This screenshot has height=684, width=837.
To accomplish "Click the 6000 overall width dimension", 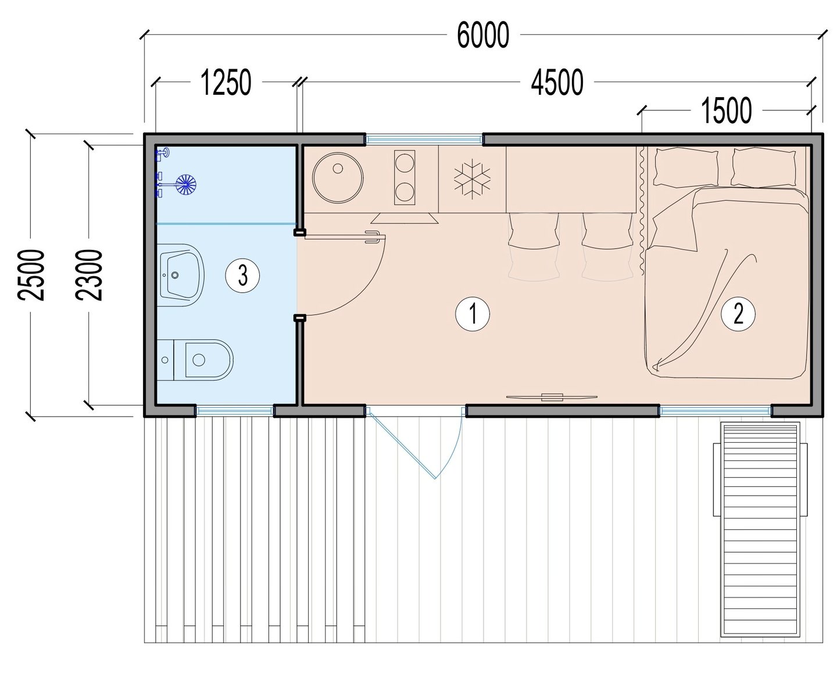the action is coord(482,35).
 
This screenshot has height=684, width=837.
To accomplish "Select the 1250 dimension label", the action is coord(226,83).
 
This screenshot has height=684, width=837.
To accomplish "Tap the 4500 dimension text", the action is coord(557,83).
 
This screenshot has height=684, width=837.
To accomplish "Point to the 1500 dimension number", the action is coord(727,110).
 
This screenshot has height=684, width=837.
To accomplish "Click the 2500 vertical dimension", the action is coord(31,275).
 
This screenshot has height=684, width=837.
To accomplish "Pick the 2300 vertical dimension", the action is coord(89,275).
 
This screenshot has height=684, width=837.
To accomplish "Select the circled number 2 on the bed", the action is coord(738,314).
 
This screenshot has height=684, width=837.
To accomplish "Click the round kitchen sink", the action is coord(338,178).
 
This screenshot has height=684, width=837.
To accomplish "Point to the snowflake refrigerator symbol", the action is coord(472,179).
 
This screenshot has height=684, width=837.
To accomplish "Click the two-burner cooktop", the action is coord(405,177).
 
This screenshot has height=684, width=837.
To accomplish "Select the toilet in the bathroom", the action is coord(195,360).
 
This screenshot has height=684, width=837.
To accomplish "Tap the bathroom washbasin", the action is coord(181,275).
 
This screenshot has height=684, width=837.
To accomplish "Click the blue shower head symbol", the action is coord(186,184).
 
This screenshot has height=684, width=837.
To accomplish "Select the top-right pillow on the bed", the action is coord(763,167).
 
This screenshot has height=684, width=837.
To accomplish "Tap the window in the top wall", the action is coord(424,139).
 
